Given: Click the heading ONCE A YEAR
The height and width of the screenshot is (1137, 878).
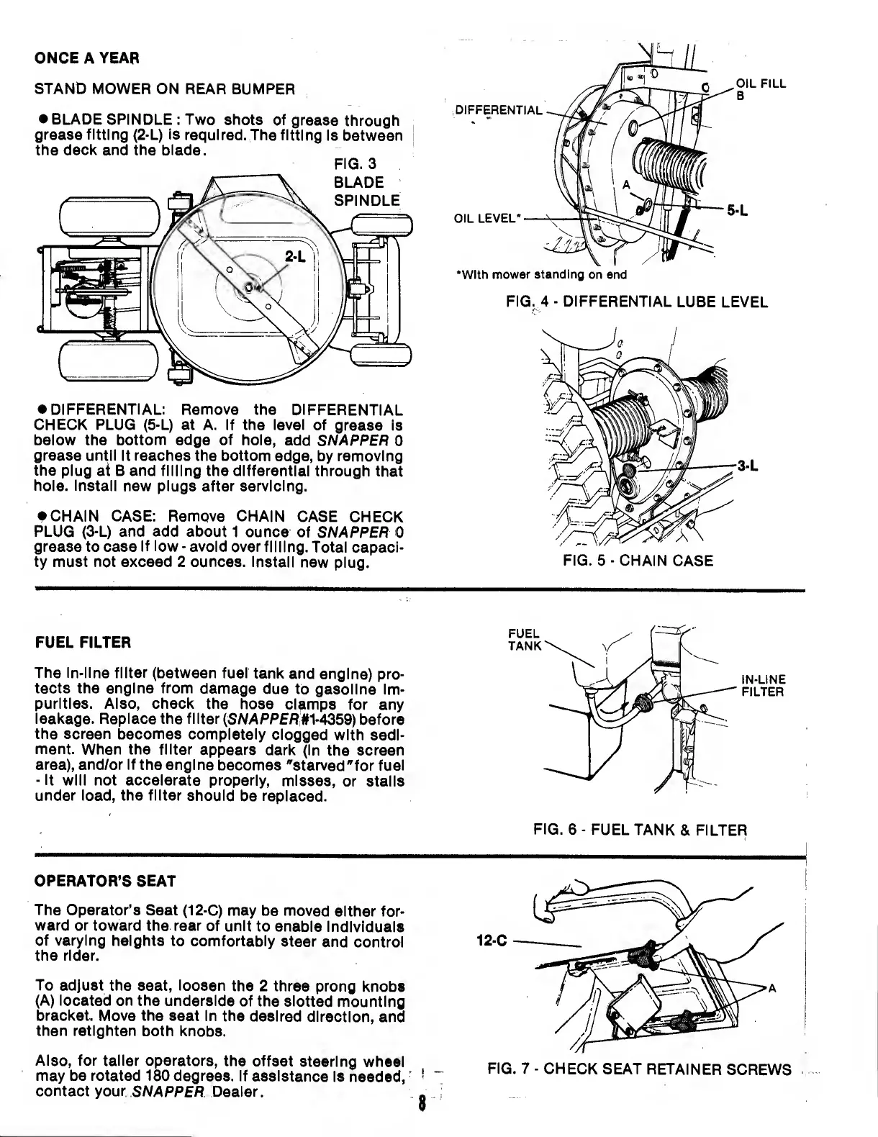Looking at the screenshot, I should pyautogui.click(x=86, y=57).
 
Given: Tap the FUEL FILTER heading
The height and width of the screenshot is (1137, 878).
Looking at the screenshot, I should pyautogui.click(x=83, y=641).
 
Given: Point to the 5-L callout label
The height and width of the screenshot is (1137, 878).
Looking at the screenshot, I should pyautogui.click(x=738, y=211).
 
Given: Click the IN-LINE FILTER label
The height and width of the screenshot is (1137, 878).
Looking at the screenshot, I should pyautogui.click(x=763, y=686).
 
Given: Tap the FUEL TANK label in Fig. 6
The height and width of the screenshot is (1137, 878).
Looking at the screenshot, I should pyautogui.click(x=523, y=639).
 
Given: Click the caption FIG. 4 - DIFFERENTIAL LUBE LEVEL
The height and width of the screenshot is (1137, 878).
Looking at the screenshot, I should pyautogui.click(x=637, y=302).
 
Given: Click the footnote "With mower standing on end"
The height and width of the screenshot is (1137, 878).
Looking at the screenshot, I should pyautogui.click(x=542, y=274).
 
